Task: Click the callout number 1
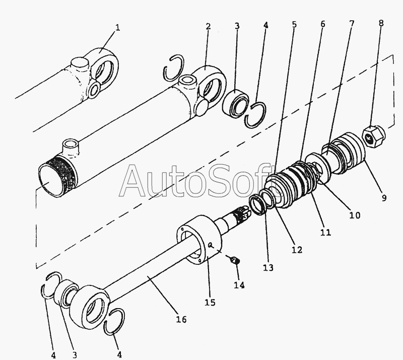[x=117, y=28]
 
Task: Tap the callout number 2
[x=207, y=26]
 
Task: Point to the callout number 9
[x=384, y=198]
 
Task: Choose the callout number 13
[x=268, y=268]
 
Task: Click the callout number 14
[x=239, y=285]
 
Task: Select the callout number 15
[x=210, y=302]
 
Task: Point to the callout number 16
[x=181, y=319]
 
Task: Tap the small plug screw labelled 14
[x=235, y=260]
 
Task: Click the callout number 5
[x=294, y=23]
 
